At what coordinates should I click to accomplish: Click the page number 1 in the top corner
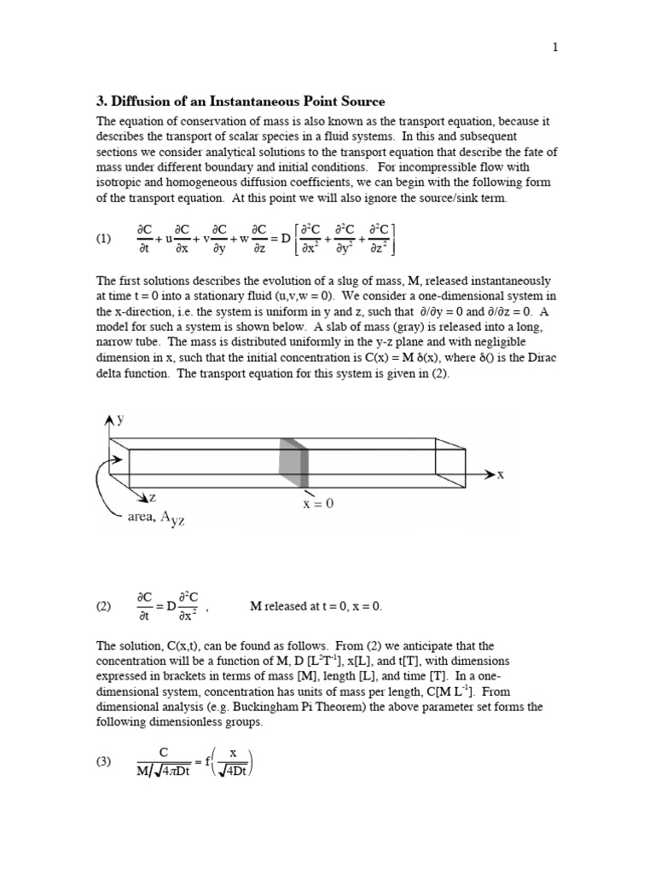(555, 47)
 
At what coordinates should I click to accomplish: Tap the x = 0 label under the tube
(318, 503)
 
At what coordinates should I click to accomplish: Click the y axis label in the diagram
(120, 419)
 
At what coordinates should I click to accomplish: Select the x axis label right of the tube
(501, 475)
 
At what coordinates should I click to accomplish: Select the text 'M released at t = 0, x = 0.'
(316, 606)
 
